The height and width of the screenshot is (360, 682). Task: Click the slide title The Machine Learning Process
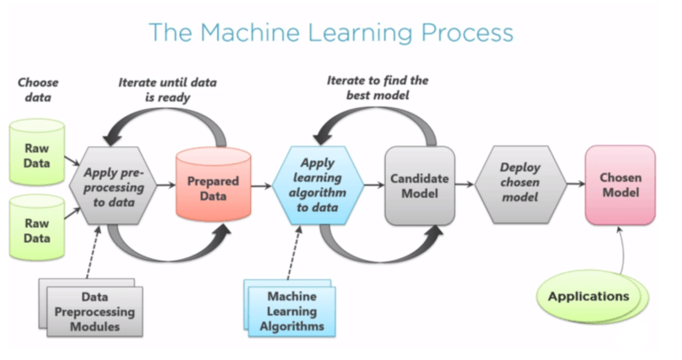pos(331,33)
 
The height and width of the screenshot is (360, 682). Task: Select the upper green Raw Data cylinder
pos(37,150)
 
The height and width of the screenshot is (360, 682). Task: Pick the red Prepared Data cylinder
pos(212,186)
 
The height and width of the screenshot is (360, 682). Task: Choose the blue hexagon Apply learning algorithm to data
pos(317,185)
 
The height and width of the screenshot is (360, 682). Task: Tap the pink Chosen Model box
pos(620,184)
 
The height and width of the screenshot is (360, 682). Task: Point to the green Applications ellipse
pos(588,295)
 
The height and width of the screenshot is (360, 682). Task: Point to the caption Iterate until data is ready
pos(167,90)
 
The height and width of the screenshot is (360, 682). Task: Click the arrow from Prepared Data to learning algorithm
pos(263,186)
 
